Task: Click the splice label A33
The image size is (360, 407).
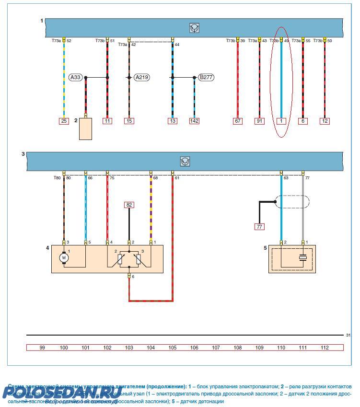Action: pos(76,77)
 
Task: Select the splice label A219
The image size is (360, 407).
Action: pos(141,77)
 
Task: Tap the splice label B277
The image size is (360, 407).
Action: pos(206,77)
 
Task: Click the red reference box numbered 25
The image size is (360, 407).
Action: pos(64,121)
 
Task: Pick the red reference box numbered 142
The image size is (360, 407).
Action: pos(194,121)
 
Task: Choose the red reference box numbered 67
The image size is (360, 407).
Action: pos(238,121)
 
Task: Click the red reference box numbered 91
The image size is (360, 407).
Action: pos(259,121)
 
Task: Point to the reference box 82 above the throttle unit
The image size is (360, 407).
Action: pos(129,205)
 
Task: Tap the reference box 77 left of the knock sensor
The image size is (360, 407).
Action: pos(259,227)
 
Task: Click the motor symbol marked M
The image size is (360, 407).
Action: pos(64,258)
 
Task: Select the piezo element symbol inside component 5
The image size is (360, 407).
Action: pos(302,258)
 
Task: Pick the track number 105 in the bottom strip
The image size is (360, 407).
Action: pos(173,348)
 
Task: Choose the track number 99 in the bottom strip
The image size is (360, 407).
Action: pos(42,348)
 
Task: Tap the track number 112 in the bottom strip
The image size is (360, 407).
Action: pos(325,348)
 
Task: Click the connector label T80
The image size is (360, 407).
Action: pos(57,178)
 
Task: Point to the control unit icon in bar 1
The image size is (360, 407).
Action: pos(194,28)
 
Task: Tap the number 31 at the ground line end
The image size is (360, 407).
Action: pos(348,335)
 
